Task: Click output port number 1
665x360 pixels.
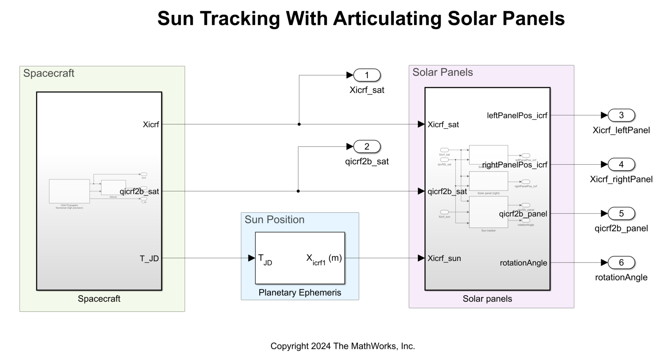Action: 367,75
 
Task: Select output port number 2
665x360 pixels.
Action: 367,146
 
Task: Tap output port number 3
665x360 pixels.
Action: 621,115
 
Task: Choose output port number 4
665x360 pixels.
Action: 621,164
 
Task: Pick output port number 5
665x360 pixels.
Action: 621,214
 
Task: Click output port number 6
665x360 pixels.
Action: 621,262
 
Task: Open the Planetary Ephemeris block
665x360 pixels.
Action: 300,258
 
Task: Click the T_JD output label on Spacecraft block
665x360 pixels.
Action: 149,259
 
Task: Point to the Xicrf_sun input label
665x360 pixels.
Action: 444,258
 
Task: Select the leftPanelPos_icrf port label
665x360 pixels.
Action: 517,115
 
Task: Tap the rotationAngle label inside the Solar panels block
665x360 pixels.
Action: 523,263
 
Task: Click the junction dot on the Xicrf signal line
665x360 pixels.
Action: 299,124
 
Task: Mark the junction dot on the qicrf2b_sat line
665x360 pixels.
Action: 298,191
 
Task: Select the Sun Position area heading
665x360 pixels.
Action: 274,220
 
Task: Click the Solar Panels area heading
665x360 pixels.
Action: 442,72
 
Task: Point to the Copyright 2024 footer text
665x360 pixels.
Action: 342,346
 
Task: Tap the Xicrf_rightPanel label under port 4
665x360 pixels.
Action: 621,179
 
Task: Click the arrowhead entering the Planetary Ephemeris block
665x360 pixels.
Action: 251,258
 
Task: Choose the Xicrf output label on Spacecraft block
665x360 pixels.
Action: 151,125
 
